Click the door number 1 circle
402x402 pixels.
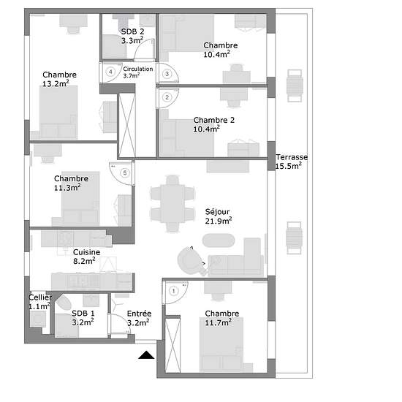[174, 291]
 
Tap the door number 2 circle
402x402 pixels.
[167, 97]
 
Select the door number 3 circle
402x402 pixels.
[167, 74]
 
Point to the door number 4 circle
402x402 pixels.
[110, 72]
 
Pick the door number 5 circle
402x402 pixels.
[125, 172]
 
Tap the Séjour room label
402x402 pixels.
[217, 212]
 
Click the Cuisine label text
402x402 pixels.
[87, 252]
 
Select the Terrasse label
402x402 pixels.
[292, 157]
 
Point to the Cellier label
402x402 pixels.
[40, 297]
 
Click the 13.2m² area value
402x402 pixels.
[56, 83]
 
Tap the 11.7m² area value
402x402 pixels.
[219, 322]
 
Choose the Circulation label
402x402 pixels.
[138, 69]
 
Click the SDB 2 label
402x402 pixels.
[132, 31]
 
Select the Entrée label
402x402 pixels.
[139, 314]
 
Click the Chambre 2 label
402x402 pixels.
[214, 120]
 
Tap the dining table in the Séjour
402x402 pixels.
[172, 204]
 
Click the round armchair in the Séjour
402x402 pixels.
[191, 260]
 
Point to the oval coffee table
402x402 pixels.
[219, 240]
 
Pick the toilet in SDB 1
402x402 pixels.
[64, 302]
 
